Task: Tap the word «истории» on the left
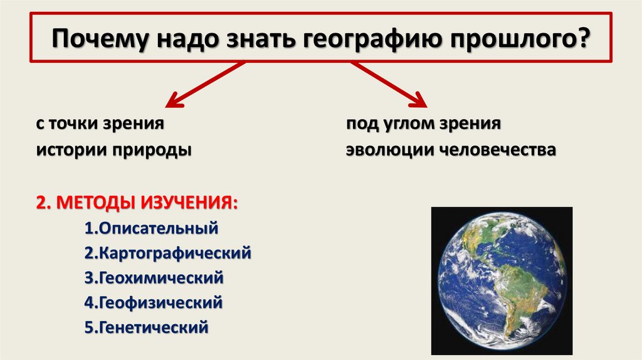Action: pyautogui.click(x=69, y=151)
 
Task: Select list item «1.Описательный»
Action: pyautogui.click(x=150, y=228)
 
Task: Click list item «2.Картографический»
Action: pyautogui.click(x=167, y=253)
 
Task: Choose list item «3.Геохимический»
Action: pyautogui.click(x=153, y=278)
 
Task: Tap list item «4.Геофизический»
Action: pyautogui.click(x=153, y=303)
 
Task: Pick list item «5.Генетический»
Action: pyautogui.click(x=145, y=327)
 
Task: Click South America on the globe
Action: pyautogui.click(x=514, y=295)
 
